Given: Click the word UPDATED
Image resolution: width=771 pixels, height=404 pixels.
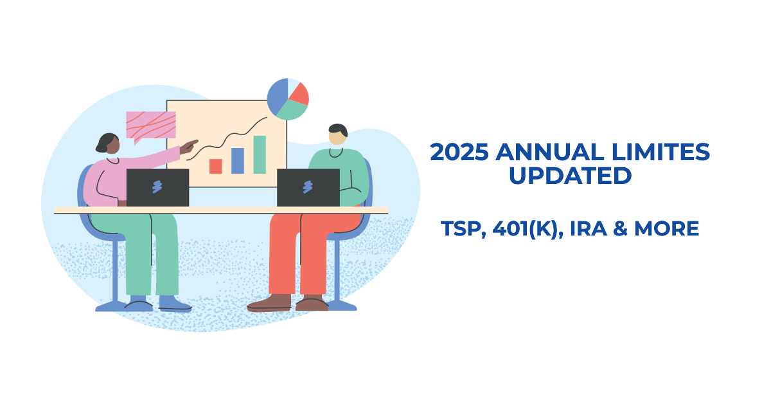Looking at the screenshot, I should pos(570,176).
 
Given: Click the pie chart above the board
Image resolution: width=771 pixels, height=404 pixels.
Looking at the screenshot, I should pos(288,99).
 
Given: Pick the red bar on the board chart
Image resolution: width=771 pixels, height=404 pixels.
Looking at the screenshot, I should pos(216,166).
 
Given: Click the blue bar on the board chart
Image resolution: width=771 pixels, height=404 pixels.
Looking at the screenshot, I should pos(238,160).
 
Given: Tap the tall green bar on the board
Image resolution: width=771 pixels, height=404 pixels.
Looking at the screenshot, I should pos(260,154).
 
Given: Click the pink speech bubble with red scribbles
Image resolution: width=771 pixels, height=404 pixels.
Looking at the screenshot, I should pos(150,125).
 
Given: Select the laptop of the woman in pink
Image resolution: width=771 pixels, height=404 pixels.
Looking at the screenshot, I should pos(157,187).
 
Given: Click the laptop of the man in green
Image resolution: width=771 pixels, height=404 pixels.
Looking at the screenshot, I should pos(308,187).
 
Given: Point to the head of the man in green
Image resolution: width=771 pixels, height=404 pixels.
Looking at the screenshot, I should pos(337,134).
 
